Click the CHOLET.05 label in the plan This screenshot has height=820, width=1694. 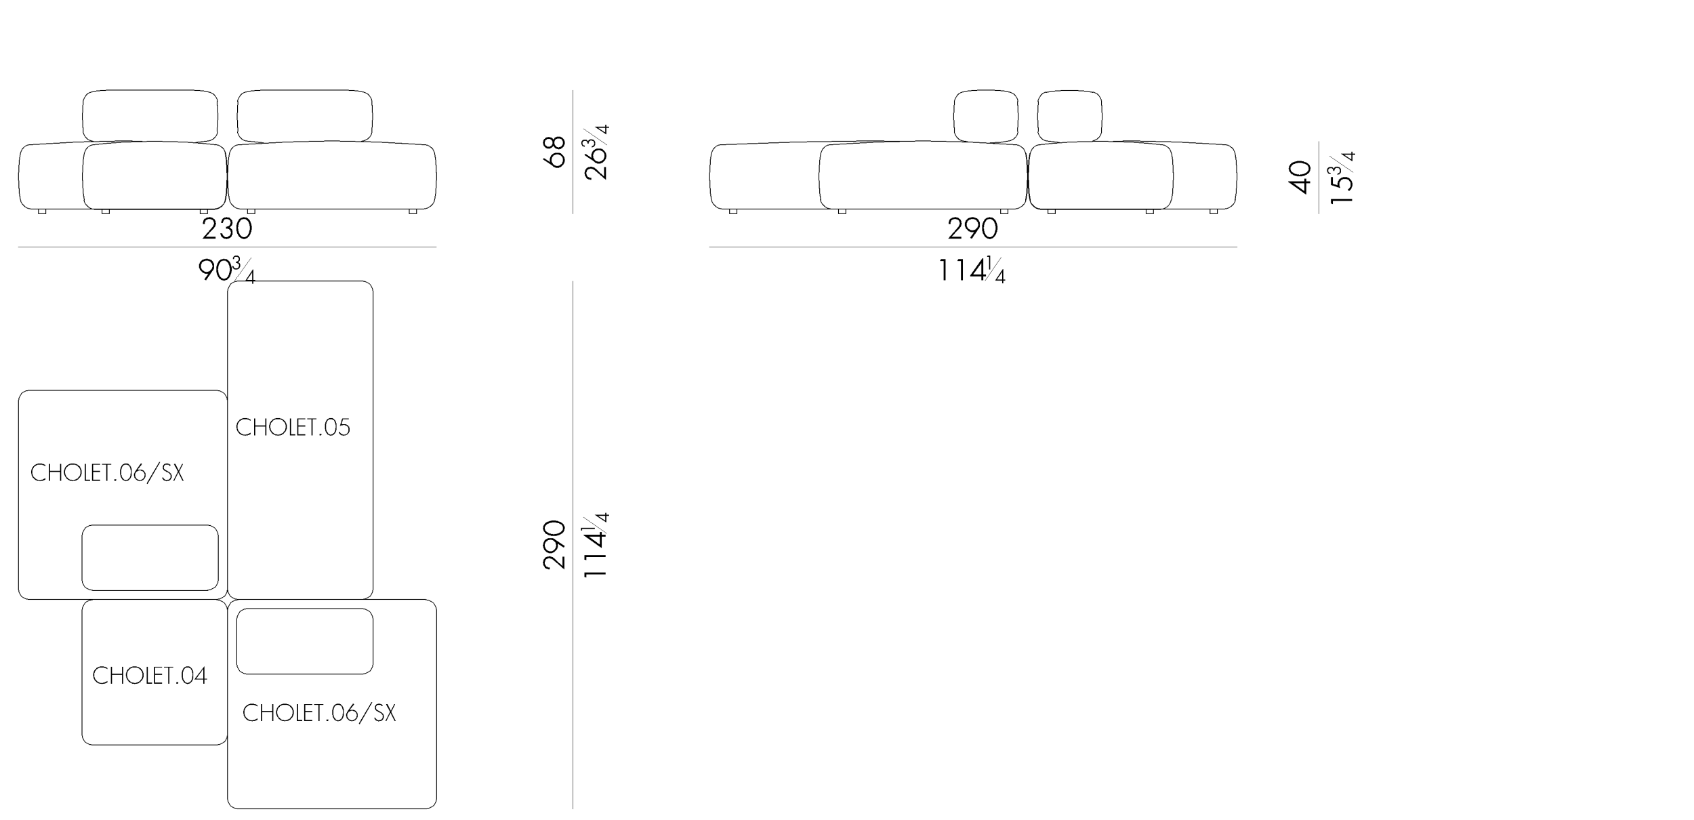(x=293, y=427)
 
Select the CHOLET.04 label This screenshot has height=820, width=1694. (x=150, y=675)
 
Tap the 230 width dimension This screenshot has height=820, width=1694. (x=227, y=229)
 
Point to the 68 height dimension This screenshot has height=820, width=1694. (x=554, y=152)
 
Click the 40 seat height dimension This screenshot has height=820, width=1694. (x=1300, y=177)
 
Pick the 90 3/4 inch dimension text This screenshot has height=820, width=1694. (x=226, y=270)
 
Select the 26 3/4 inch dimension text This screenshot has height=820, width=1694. (x=596, y=152)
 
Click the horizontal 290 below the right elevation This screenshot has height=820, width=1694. (x=972, y=229)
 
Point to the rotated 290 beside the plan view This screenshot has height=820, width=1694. (x=554, y=545)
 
